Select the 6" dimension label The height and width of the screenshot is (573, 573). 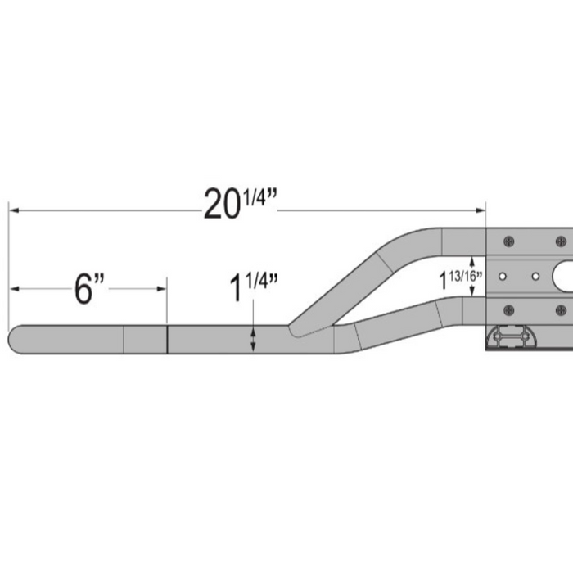(90, 289)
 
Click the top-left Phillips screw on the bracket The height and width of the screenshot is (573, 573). (508, 241)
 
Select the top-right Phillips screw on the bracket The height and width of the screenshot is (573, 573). (560, 241)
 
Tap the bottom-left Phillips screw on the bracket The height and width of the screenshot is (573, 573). (508, 309)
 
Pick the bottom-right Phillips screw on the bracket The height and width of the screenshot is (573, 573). (560, 309)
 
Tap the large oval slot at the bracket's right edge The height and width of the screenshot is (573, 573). (564, 276)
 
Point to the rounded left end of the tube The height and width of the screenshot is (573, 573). (15, 339)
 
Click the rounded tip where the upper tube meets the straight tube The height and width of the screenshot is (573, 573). (295, 329)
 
